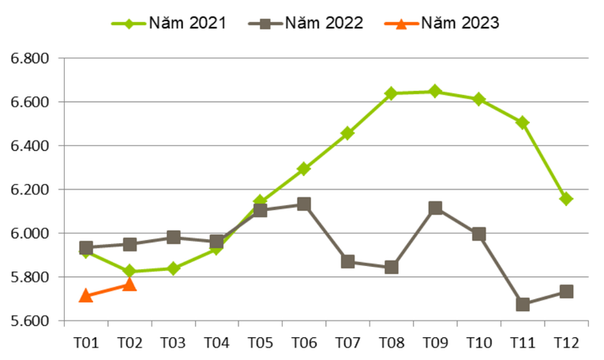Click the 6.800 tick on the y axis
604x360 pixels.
coord(29,58)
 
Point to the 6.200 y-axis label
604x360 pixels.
coord(29,189)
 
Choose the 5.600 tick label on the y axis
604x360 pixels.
coord(29,321)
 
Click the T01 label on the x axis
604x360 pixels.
coord(85,342)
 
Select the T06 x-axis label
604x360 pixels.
coord(304,342)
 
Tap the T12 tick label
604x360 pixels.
coord(566,342)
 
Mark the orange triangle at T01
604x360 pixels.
coord(85,296)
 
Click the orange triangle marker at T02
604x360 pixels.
coord(129,284)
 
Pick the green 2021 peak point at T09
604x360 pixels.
coord(435,92)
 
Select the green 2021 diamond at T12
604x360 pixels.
coord(566,199)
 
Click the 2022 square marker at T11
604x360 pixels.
coord(523,304)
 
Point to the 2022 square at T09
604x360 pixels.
coord(435,208)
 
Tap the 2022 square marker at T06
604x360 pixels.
coord(304,204)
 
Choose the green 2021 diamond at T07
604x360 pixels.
coord(347,133)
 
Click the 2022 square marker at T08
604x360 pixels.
coord(392,268)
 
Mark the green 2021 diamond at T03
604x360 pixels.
coord(173,268)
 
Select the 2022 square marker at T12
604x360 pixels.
coord(566,292)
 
